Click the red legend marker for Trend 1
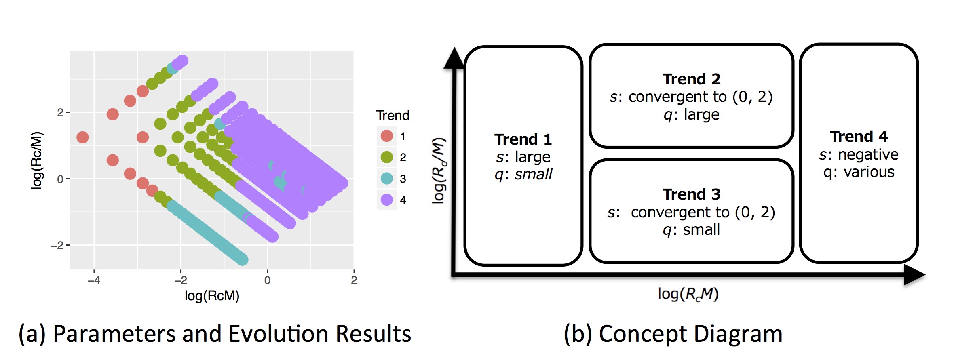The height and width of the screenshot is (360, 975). [387, 136]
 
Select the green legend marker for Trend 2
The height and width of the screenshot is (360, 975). [387, 157]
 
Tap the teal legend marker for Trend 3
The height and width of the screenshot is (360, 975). [387, 178]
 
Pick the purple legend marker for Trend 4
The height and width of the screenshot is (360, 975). [387, 200]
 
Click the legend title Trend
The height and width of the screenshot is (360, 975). [393, 116]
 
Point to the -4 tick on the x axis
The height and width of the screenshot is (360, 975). [94, 280]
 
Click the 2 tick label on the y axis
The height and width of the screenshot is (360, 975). [60, 112]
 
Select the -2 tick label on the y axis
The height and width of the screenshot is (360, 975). [57, 245]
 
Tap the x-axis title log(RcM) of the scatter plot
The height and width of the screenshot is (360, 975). [212, 296]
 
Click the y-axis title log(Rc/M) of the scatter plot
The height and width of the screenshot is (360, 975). [37, 160]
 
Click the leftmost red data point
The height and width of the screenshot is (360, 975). [82, 137]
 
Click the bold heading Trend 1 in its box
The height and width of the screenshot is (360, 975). [523, 139]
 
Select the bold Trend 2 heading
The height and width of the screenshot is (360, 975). [691, 79]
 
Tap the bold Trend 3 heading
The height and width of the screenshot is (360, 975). [691, 194]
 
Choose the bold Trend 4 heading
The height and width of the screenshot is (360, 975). [859, 137]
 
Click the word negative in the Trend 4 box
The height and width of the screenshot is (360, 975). [868, 154]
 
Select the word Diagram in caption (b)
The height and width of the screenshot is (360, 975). [742, 334]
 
